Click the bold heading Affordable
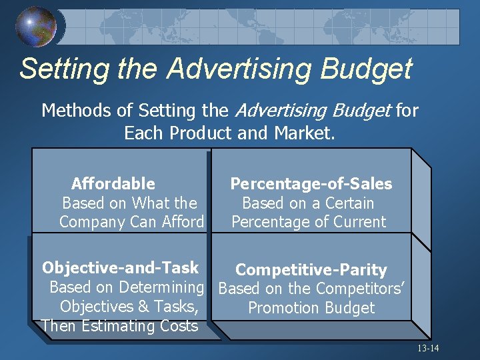pyautogui.click(x=113, y=183)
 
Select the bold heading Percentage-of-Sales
pyautogui.click(x=311, y=183)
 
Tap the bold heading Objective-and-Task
pyautogui.click(x=120, y=268)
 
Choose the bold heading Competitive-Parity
pyautogui.click(x=311, y=270)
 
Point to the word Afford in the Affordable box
pyautogui.click(x=182, y=222)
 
